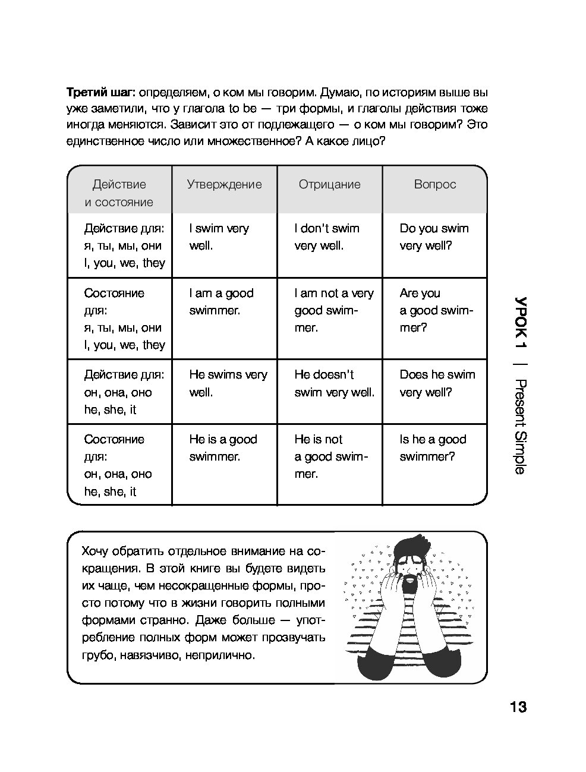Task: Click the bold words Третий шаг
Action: [101, 92]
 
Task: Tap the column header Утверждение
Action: [224, 184]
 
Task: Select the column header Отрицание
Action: [329, 184]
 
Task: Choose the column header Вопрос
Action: [434, 184]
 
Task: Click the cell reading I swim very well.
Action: [219, 237]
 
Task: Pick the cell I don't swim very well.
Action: [326, 237]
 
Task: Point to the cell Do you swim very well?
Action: [434, 237]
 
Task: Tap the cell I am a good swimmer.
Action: [221, 301]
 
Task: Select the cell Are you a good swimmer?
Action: [436, 310]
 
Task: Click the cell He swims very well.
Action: [228, 383]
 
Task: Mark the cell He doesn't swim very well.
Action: [334, 383]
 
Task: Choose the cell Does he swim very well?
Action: [437, 383]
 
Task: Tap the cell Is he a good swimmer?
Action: [433, 448]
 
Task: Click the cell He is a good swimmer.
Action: [223, 448]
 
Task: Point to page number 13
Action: [518, 707]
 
